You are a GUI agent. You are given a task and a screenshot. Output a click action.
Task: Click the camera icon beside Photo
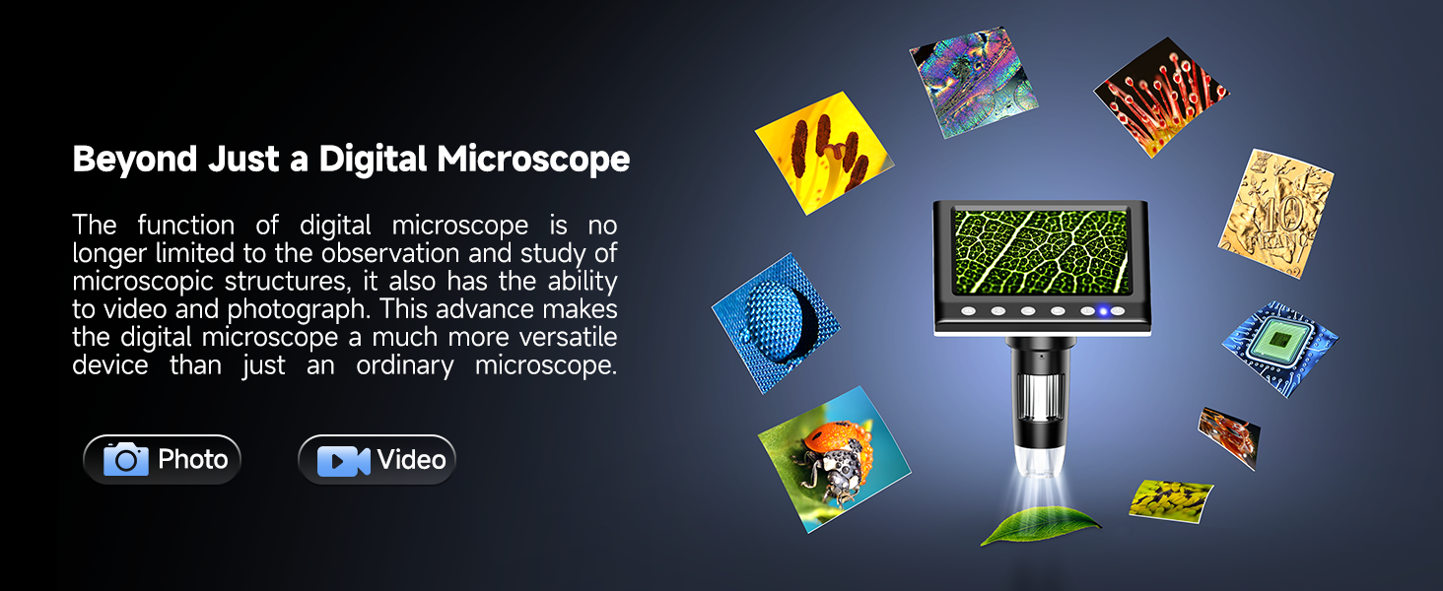click(126, 459)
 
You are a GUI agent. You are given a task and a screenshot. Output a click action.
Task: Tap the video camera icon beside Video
click(343, 460)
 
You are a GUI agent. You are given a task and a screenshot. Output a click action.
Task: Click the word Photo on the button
click(193, 459)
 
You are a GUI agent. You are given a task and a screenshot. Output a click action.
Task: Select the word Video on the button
click(411, 459)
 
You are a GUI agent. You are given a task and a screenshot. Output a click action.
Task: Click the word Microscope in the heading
click(532, 159)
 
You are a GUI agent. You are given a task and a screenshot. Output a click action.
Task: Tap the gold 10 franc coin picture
click(1275, 214)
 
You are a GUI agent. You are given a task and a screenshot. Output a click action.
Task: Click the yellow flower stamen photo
click(822, 153)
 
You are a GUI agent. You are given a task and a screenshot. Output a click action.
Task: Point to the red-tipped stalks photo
click(1162, 96)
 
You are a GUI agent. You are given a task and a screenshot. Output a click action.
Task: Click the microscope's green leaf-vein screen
click(1041, 251)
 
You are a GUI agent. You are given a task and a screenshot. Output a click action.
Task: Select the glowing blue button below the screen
click(1104, 311)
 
